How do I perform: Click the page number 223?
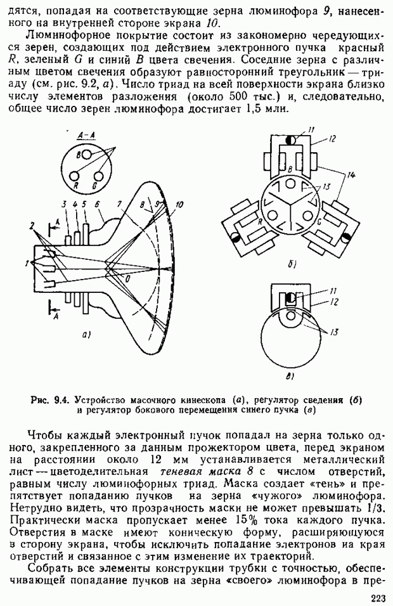click(378, 597)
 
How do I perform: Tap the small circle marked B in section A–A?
click(79, 155)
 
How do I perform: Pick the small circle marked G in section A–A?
click(97, 176)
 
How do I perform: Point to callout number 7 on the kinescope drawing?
click(119, 205)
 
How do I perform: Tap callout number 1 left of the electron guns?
click(27, 263)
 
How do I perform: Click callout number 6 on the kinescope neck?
click(97, 205)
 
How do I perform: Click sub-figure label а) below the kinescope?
click(87, 334)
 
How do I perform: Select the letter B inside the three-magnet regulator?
click(289, 169)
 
